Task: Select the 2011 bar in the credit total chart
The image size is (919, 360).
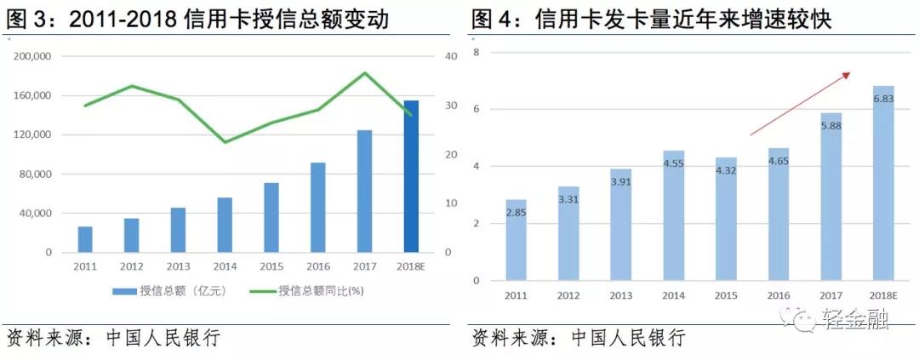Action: click(85, 239)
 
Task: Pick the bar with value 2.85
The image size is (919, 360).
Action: click(517, 240)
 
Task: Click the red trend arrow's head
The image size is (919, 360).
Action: click(848, 74)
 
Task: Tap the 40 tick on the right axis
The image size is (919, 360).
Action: click(451, 56)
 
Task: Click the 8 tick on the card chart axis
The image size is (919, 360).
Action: click(477, 53)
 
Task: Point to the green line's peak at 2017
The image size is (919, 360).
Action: click(365, 73)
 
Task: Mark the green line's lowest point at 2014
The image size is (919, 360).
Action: click(225, 142)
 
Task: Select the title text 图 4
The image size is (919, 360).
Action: click(492, 18)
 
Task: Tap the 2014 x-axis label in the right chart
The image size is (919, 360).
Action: click(674, 294)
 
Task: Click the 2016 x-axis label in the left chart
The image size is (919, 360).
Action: click(318, 266)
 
